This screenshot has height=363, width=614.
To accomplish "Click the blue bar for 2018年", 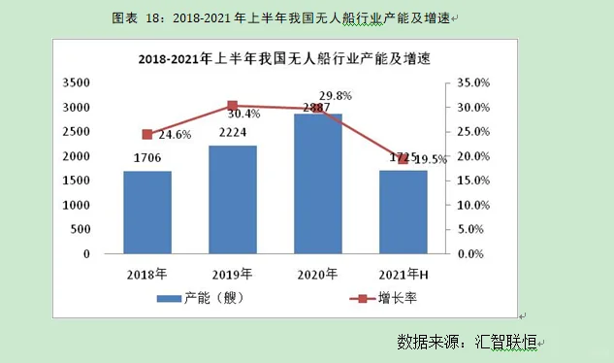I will pyautogui.click(x=147, y=213).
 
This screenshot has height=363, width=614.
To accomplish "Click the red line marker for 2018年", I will pyautogui.click(x=147, y=135).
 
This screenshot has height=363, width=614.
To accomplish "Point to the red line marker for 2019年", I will pyautogui.click(x=233, y=106).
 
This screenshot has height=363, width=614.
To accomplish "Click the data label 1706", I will pyautogui.click(x=147, y=158).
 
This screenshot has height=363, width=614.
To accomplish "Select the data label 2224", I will pyautogui.click(x=233, y=133).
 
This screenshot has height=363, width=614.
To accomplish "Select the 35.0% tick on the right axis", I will pyautogui.click(x=470, y=83).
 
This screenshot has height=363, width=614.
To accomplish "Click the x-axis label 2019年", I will pyautogui.click(x=233, y=274).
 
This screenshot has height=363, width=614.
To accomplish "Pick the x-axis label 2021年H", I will pyautogui.click(x=404, y=274).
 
